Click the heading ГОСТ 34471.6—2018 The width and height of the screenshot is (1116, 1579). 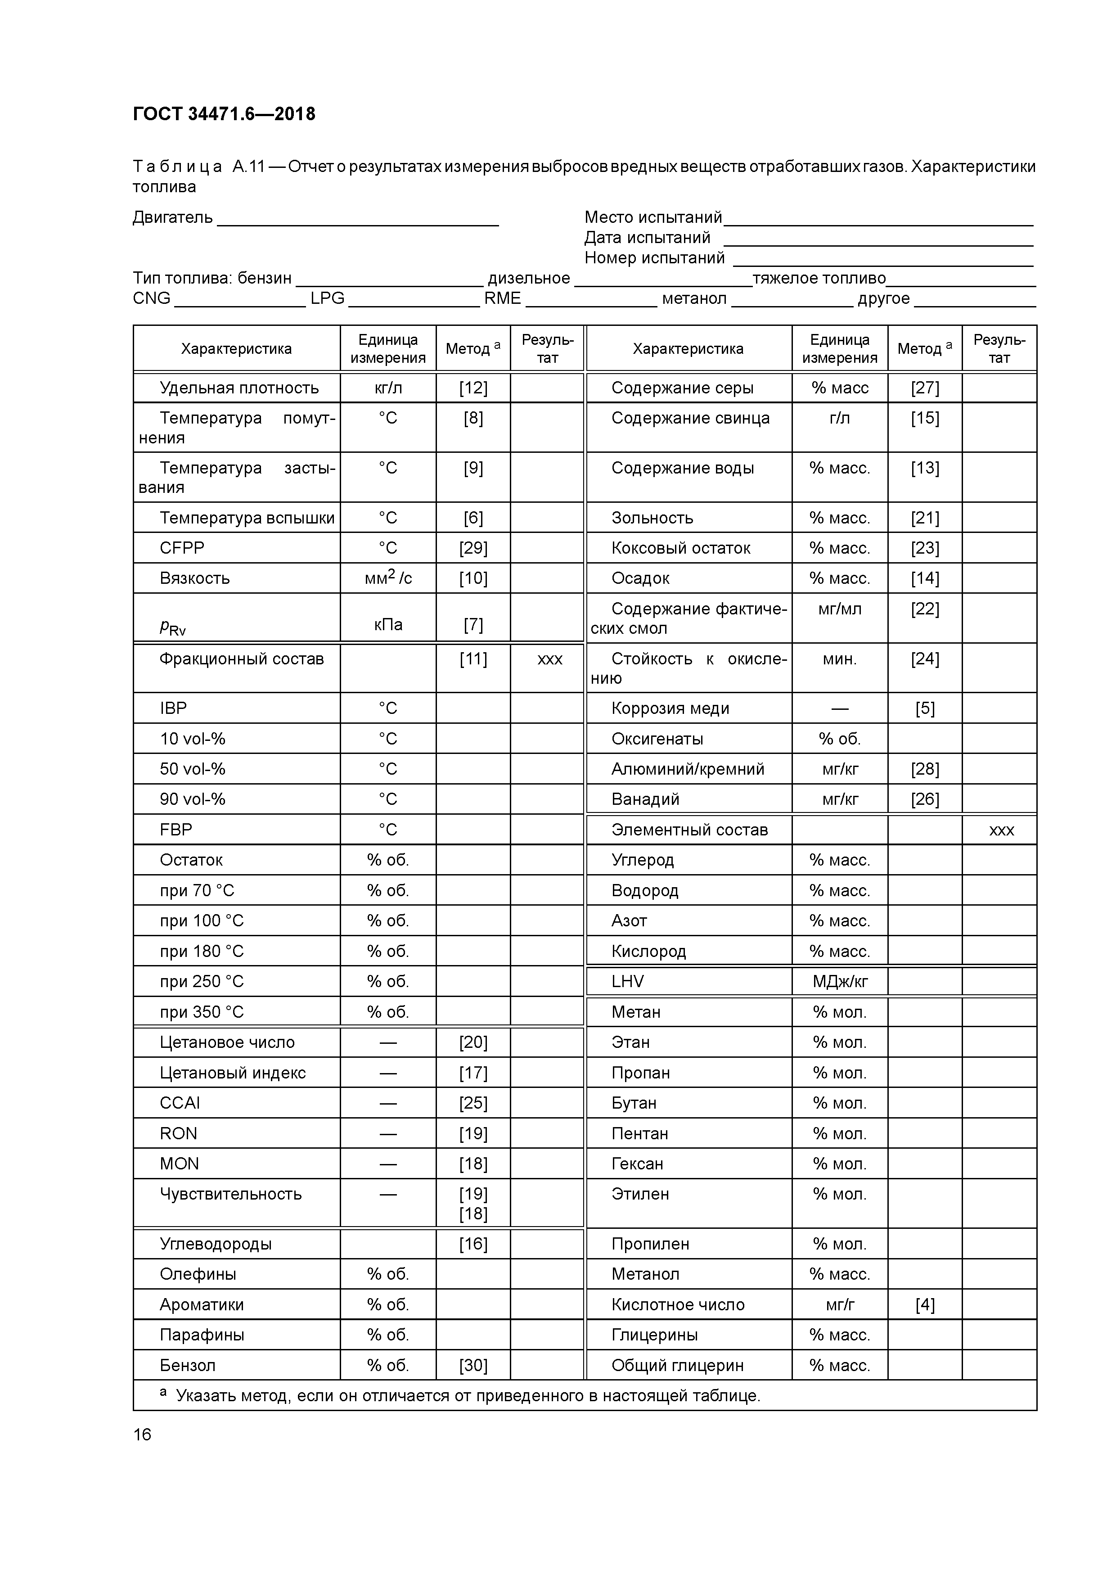224,114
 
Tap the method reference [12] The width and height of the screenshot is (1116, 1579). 473,388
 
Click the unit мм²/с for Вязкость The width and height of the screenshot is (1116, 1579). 388,577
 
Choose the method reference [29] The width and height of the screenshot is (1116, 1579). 473,548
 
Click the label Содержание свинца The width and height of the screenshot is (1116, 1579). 690,418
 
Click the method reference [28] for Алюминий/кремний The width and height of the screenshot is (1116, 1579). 925,769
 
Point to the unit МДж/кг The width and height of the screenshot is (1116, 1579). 840,981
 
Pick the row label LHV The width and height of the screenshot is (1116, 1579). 627,981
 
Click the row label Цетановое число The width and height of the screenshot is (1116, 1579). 227,1042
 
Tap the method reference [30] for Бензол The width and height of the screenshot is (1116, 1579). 473,1365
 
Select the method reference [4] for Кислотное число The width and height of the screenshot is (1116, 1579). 925,1304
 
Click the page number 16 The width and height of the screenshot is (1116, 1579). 142,1435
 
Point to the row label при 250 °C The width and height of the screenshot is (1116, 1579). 202,981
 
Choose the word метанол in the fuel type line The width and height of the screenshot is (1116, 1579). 694,298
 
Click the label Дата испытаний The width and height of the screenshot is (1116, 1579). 647,238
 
